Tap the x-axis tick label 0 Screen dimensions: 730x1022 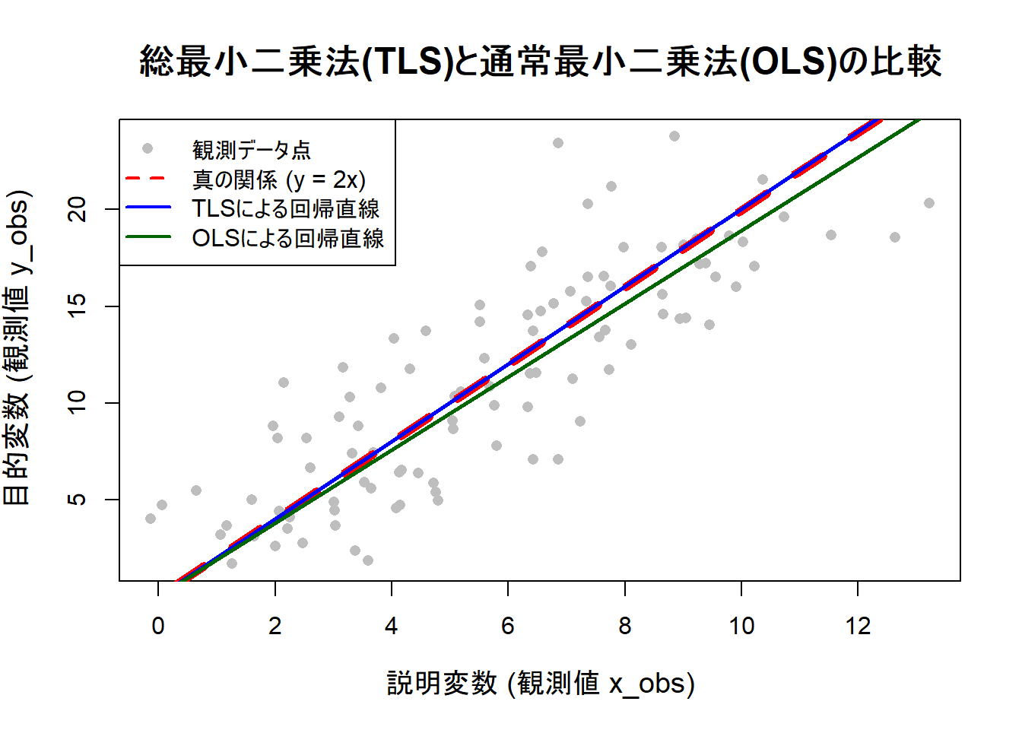pos(158,626)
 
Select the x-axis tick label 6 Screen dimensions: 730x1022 pos(508,626)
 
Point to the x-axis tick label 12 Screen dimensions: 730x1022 pos(858,626)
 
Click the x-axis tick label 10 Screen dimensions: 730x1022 pos(741,626)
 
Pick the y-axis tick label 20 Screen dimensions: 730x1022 pos(78,209)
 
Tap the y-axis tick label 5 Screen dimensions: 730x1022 pos(78,500)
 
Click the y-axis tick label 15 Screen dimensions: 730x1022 pos(78,306)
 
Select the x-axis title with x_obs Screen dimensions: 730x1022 pos(540,683)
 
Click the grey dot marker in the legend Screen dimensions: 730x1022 pos(148,148)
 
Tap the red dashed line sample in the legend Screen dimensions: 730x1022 pos(148,179)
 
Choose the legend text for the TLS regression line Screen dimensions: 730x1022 pos(285,208)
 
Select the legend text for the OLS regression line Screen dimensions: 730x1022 pos(287,238)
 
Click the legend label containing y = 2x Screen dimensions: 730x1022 pos(278,179)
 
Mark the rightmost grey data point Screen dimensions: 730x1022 pos(928,203)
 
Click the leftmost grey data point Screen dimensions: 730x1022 pos(151,519)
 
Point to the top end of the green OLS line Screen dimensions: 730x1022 pos(918,121)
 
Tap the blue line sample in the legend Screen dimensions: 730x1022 pos(148,208)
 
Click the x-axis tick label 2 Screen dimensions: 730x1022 pos(275,626)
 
